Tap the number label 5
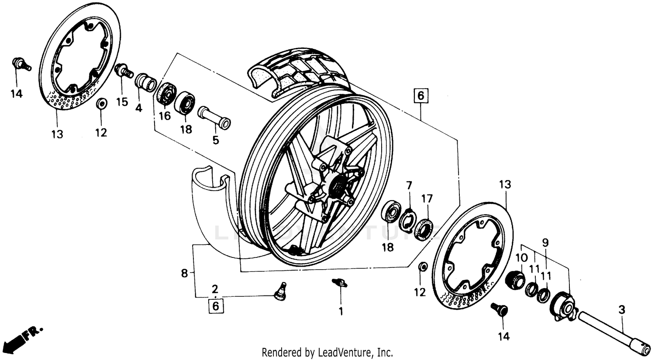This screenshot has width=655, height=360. (x=216, y=140)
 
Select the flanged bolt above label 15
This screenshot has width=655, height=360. (x=123, y=70)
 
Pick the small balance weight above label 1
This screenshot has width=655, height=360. (x=339, y=283)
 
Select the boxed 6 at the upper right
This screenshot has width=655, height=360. (x=421, y=96)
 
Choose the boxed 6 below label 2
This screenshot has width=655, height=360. (x=215, y=306)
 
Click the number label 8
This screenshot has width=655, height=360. (x=184, y=274)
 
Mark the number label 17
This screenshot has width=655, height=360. (x=427, y=199)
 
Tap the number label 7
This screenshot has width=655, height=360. (x=409, y=185)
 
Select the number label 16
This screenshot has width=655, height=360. (x=164, y=116)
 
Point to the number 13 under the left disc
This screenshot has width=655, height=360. (x=57, y=134)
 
